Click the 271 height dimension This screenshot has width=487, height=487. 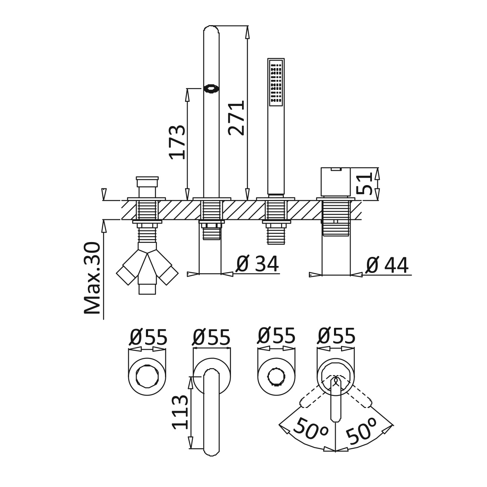click(236, 118)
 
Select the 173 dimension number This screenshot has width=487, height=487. click(177, 142)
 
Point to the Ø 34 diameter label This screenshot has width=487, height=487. click(257, 263)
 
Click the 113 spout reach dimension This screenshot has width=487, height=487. click(181, 412)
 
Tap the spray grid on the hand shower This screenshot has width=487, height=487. click(276, 83)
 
